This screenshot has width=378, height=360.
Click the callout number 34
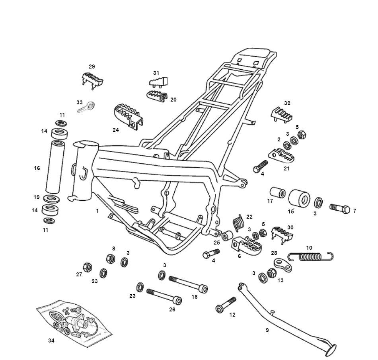pos(51,340)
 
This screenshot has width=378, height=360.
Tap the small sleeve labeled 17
pos(277,193)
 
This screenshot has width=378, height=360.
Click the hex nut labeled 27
pos(86,266)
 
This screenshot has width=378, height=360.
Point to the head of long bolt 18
pos(204,288)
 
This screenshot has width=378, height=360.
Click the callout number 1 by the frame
pos(97,211)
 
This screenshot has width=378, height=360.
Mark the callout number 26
pos(172,309)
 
